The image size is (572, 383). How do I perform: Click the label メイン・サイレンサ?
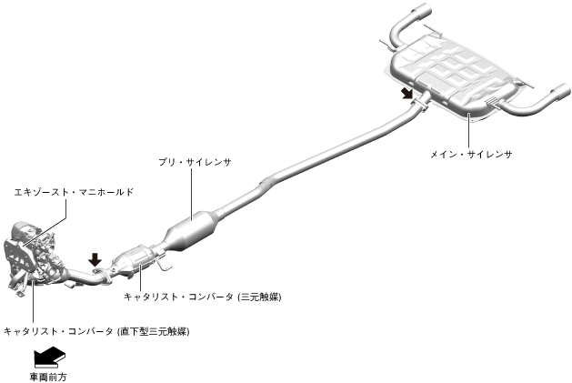tap(471, 155)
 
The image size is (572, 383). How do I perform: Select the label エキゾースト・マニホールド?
tap(74, 192)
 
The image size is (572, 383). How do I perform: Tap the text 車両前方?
tap(48, 375)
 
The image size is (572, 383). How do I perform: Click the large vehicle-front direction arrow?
tap(48, 355)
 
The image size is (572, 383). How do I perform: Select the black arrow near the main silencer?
tap(405, 94)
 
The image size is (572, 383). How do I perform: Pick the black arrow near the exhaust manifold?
tap(95, 259)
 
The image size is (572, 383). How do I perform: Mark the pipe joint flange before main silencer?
tap(420, 106)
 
